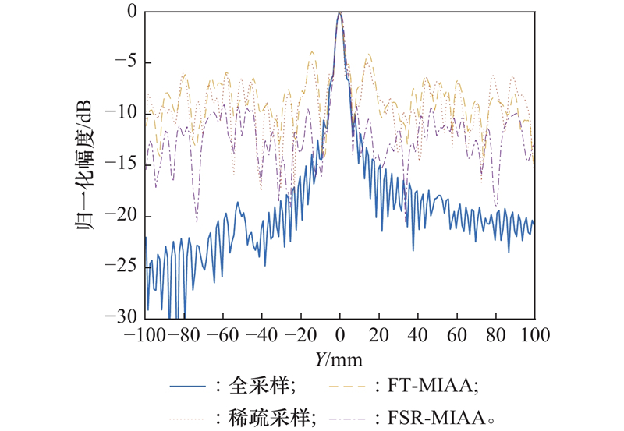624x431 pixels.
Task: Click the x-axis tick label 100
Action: coord(534,336)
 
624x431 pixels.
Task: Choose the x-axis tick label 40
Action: coord(418,336)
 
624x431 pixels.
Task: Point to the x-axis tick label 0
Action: coord(340,336)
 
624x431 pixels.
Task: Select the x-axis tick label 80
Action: coord(496,336)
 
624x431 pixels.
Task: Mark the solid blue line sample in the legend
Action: coord(190,386)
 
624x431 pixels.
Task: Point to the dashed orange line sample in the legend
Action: coord(348,386)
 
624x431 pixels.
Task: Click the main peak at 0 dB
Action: coord(340,13)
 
